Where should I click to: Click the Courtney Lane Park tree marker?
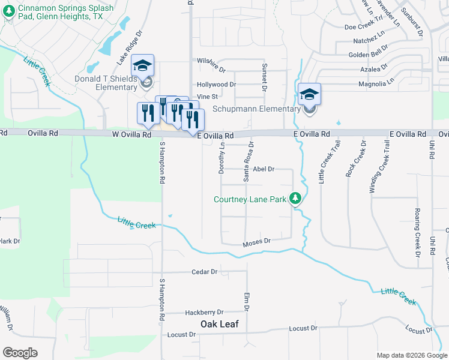click(295, 198)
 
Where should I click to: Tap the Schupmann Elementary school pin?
click(309, 95)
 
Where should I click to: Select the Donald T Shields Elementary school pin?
click(143, 66)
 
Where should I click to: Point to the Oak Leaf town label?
click(219, 324)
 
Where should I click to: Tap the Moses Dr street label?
click(257, 242)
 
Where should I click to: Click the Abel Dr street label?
click(264, 170)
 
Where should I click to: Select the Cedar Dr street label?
click(204, 272)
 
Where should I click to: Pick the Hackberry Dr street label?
click(204, 313)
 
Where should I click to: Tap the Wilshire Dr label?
click(211, 61)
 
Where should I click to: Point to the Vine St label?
click(206, 96)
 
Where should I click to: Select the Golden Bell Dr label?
click(369, 55)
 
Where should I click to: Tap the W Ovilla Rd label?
click(131, 136)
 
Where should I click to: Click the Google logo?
click(20, 353)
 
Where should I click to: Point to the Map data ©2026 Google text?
click(411, 355)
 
